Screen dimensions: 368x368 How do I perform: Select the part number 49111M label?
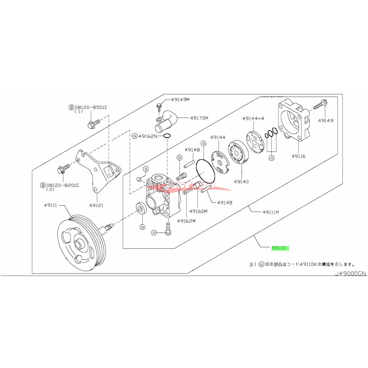click(271, 212)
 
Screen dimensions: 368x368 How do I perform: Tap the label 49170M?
click(199, 118)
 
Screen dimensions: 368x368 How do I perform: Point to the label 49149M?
click(180, 100)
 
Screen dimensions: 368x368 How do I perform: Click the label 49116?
click(299, 157)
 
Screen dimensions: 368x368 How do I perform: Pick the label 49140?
click(241, 182)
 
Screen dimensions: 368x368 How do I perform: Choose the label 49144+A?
click(253, 118)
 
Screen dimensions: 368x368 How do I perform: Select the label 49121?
click(96, 206)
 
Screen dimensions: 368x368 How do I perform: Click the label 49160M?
click(198, 211)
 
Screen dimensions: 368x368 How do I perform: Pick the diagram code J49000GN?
click(350, 273)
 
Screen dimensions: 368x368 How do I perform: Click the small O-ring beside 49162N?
click(167, 136)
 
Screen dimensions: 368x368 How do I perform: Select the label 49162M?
click(186, 221)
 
